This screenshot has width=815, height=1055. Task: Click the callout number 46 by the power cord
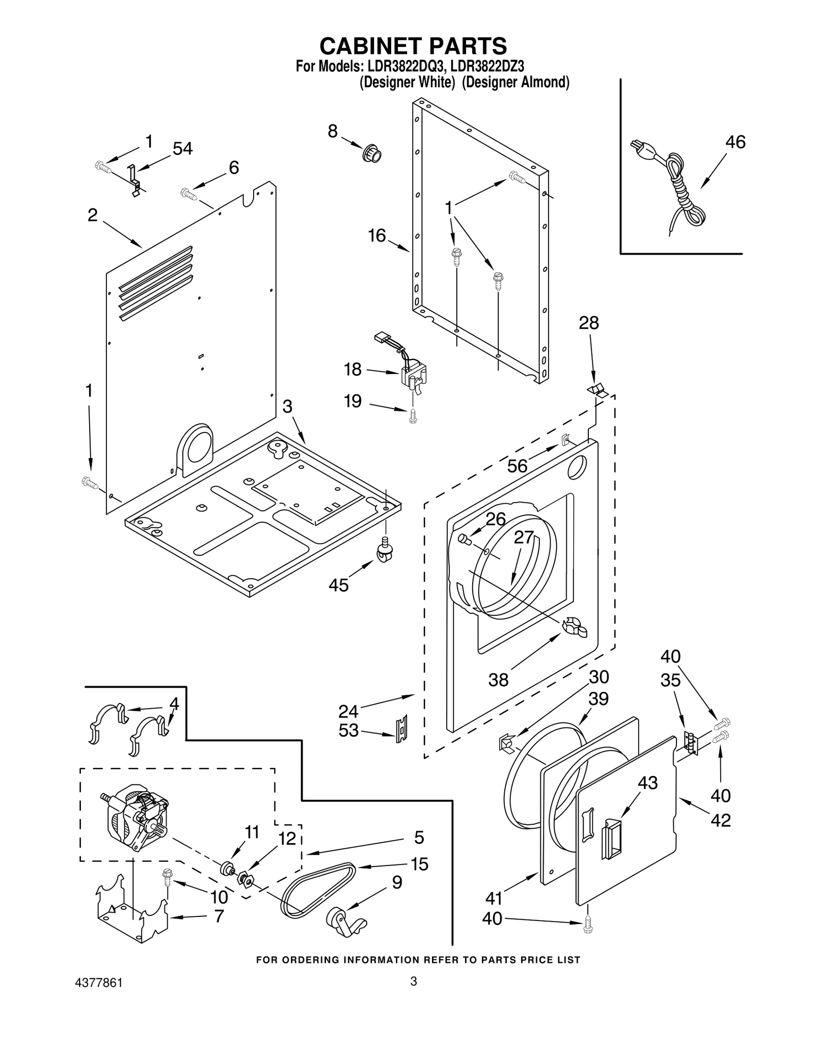(735, 142)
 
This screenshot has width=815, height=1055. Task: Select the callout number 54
(182, 149)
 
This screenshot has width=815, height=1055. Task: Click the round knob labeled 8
(372, 153)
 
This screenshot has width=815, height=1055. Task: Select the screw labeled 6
(189, 194)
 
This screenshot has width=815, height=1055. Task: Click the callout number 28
(588, 323)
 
